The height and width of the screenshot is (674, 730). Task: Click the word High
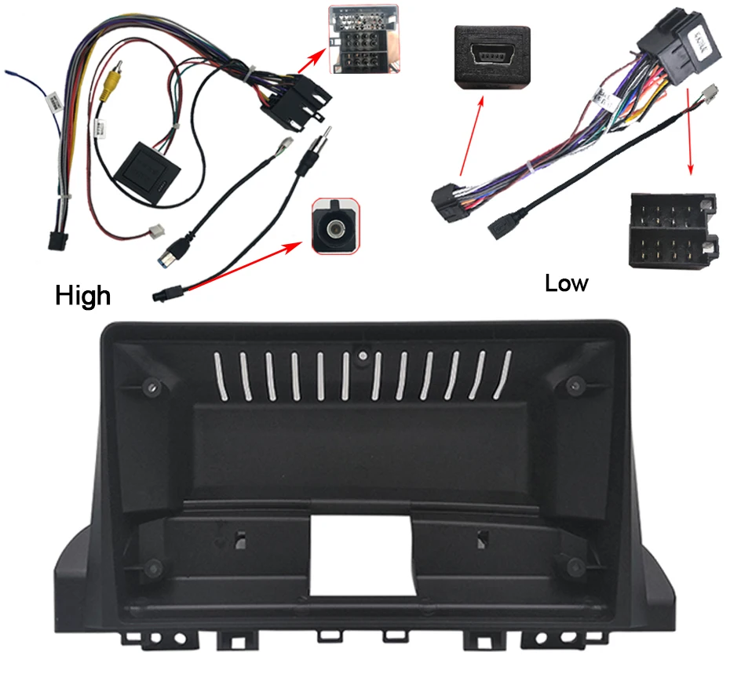83,295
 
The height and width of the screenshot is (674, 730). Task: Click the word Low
566,282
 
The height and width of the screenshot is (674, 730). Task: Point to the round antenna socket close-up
337,225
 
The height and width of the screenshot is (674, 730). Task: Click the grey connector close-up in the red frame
363,39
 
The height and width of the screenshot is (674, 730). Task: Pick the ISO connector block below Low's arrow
673,231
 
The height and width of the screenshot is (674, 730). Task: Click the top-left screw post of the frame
151,385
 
